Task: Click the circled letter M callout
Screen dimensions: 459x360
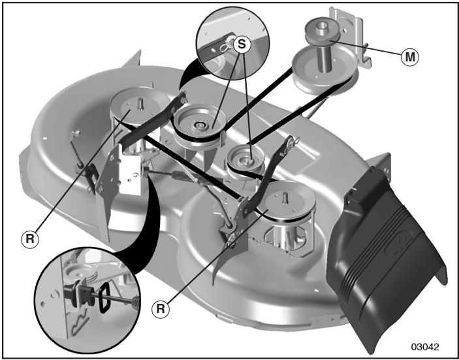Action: [x=410, y=57]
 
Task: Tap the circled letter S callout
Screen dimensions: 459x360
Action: [x=242, y=44]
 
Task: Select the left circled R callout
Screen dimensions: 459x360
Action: [x=30, y=239]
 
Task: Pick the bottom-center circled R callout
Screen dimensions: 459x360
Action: [x=161, y=309]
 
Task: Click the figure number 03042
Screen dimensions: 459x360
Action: [x=425, y=347]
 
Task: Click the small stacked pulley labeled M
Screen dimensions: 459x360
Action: [x=323, y=31]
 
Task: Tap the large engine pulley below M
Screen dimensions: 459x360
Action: [x=325, y=71]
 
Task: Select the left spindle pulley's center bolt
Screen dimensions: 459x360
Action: [x=140, y=105]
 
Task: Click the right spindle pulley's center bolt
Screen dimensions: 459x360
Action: [x=284, y=199]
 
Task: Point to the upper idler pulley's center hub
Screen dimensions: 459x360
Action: [x=199, y=125]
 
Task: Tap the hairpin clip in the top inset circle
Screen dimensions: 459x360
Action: [x=226, y=44]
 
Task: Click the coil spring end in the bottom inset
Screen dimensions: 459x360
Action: [x=136, y=302]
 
